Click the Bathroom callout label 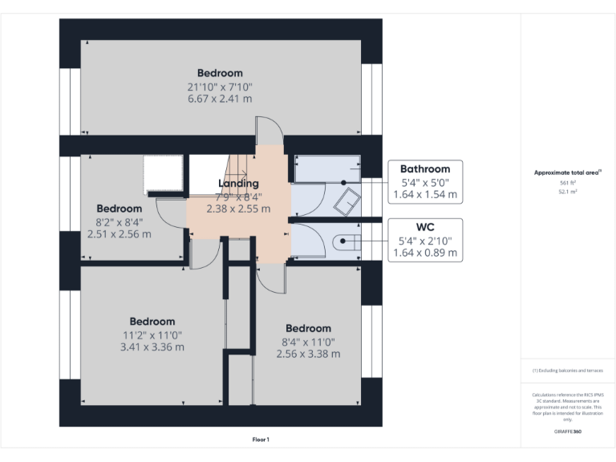tap(425, 168)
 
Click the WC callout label tap(425, 226)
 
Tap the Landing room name tap(238, 184)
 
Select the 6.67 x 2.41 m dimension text tap(220, 99)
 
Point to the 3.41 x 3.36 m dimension tap(152, 347)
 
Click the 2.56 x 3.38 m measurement tap(308, 354)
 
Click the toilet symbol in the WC tap(347, 240)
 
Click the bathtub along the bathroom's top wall tap(327, 169)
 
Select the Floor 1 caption tap(261, 440)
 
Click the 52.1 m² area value tap(567, 192)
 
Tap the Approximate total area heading tap(566, 172)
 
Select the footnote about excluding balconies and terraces tap(567, 371)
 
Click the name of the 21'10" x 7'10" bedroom tap(220, 74)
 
